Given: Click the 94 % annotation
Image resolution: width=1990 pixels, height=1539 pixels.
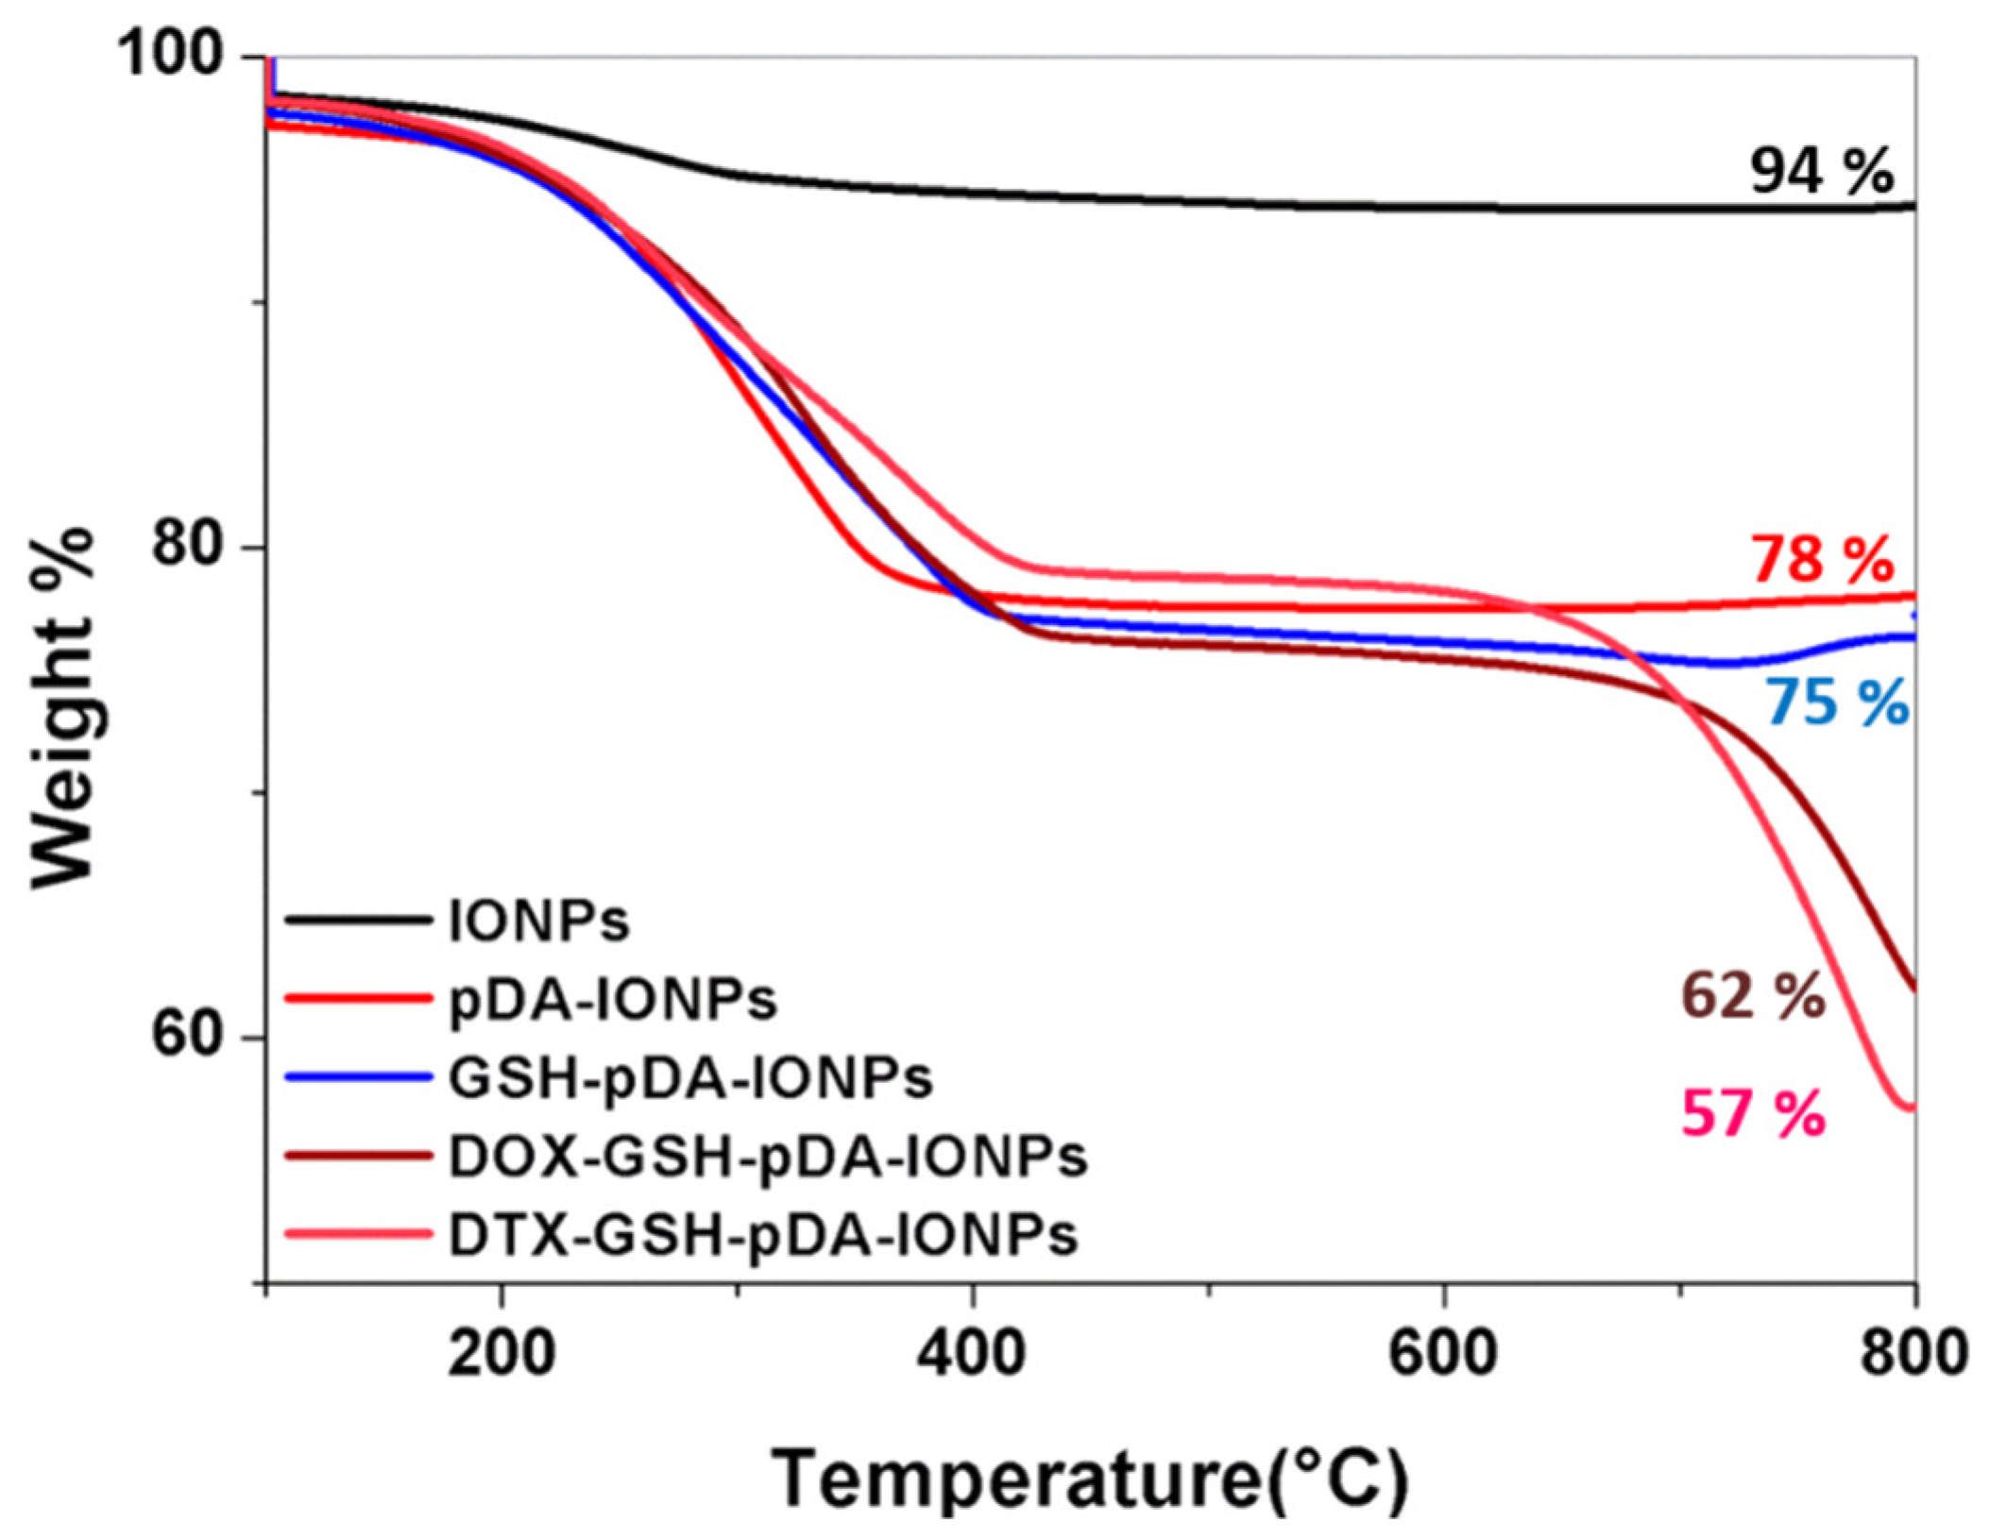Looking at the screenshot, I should click(x=1820, y=172).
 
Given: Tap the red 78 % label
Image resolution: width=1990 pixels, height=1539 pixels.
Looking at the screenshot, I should click(x=1820, y=560).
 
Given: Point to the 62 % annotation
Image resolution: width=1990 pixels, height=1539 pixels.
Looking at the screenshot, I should click(x=1752, y=996).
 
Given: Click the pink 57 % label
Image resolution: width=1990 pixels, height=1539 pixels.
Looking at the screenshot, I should click(x=1752, y=1114).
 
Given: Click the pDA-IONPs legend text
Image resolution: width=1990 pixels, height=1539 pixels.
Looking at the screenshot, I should click(x=612, y=999).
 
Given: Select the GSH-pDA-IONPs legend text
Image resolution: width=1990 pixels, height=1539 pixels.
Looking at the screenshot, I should click(x=690, y=1078).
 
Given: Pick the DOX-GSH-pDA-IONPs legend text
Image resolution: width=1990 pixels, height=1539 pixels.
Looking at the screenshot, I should click(x=767, y=1157).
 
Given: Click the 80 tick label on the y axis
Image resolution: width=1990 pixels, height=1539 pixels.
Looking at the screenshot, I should click(x=194, y=548).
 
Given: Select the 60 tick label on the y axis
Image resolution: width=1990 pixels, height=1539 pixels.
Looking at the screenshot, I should click(x=194, y=1038).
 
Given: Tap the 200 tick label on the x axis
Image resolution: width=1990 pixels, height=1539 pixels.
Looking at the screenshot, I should click(x=501, y=1353).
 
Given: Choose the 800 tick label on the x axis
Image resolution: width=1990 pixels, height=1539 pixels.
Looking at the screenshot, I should click(x=1913, y=1353).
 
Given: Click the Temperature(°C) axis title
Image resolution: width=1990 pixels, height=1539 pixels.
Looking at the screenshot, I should click(x=1090, y=1480).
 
